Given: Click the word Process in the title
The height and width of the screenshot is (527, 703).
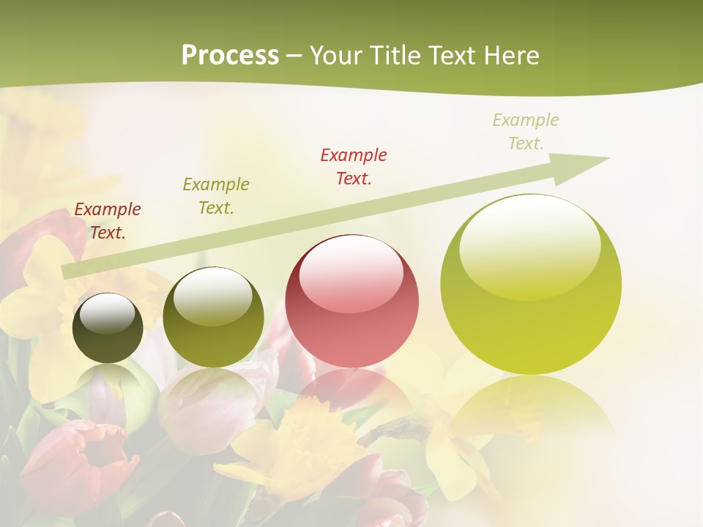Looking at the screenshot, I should click(230, 56).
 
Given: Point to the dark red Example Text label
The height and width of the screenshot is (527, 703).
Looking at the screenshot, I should click(108, 221).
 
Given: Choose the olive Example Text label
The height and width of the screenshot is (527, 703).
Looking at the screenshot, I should click(215, 196).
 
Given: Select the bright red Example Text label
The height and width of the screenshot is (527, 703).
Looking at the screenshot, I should click(354, 166).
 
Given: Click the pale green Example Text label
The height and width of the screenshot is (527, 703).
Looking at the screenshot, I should click(525, 132).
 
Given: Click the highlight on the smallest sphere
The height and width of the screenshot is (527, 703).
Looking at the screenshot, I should click(107, 313).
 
